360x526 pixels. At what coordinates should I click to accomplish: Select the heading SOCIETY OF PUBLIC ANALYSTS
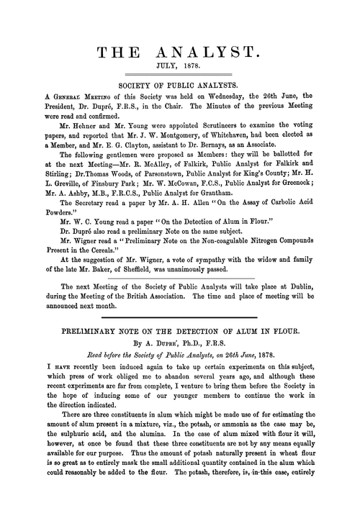180,83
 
